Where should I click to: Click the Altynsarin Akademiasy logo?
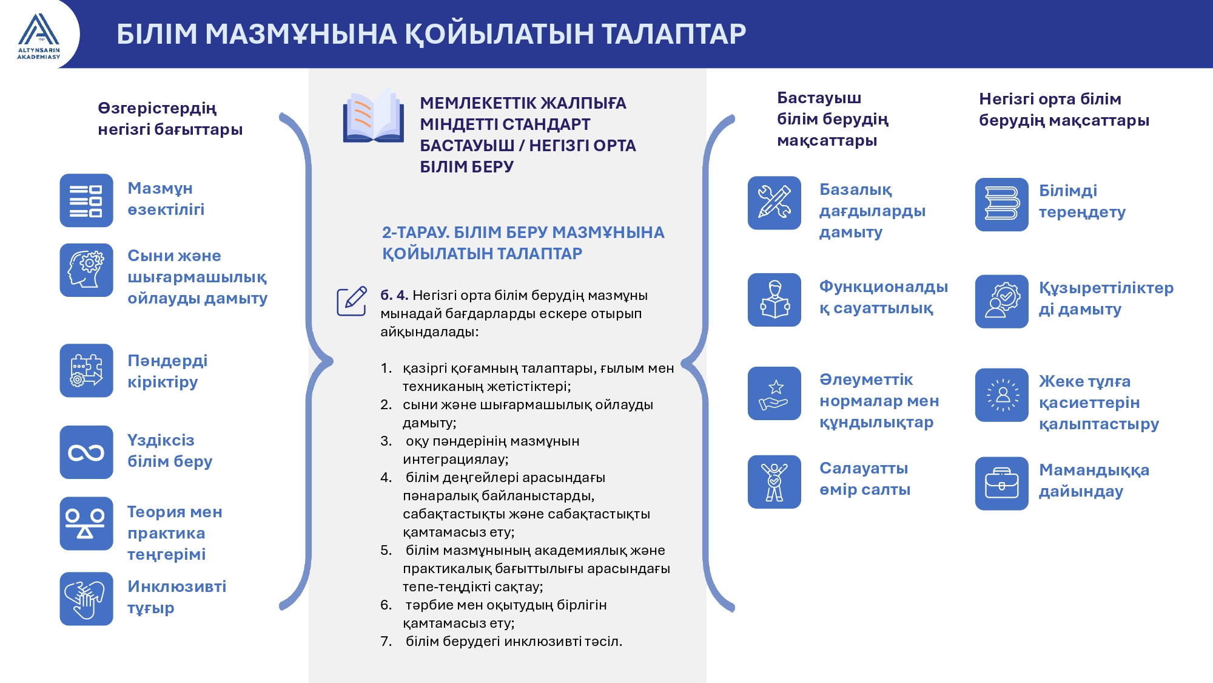pyautogui.click(x=39, y=36)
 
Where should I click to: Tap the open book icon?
pyautogui.click(x=373, y=116)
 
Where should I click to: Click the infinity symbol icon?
pyautogui.click(x=86, y=452)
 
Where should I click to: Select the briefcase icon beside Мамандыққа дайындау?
pyautogui.click(x=1002, y=483)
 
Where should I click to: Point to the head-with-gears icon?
pyautogui.click(x=86, y=270)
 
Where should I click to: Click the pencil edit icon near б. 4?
pyautogui.click(x=352, y=301)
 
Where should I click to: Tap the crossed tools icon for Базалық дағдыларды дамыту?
pyautogui.click(x=775, y=203)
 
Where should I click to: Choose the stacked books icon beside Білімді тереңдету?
pyautogui.click(x=1002, y=204)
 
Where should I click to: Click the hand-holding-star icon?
pyautogui.click(x=775, y=393)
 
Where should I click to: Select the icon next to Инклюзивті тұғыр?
pyautogui.click(x=86, y=599)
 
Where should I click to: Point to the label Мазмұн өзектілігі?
pyautogui.click(x=166, y=199)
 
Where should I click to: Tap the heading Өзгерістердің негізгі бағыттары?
pyautogui.click(x=170, y=118)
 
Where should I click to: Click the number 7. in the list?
pyautogui.click(x=386, y=641)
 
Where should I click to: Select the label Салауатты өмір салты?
pyautogui.click(x=865, y=478)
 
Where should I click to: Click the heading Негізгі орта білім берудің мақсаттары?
pyautogui.click(x=1064, y=109)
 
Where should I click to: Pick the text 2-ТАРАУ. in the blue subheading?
pyautogui.click(x=415, y=233)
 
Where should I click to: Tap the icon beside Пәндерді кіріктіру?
pyautogui.click(x=86, y=371)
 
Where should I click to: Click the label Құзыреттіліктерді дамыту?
pyautogui.click(x=1106, y=298)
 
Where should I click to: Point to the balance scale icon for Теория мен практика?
pyautogui.click(x=86, y=524)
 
